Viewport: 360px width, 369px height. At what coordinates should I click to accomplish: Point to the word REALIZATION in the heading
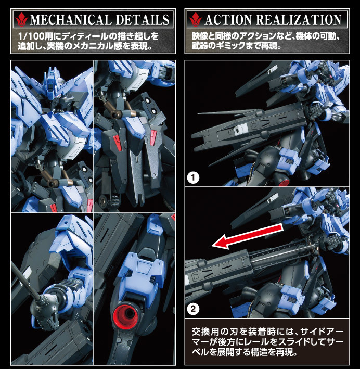tap(299, 20)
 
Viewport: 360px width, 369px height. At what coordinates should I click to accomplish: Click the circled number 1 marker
tap(192, 179)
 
